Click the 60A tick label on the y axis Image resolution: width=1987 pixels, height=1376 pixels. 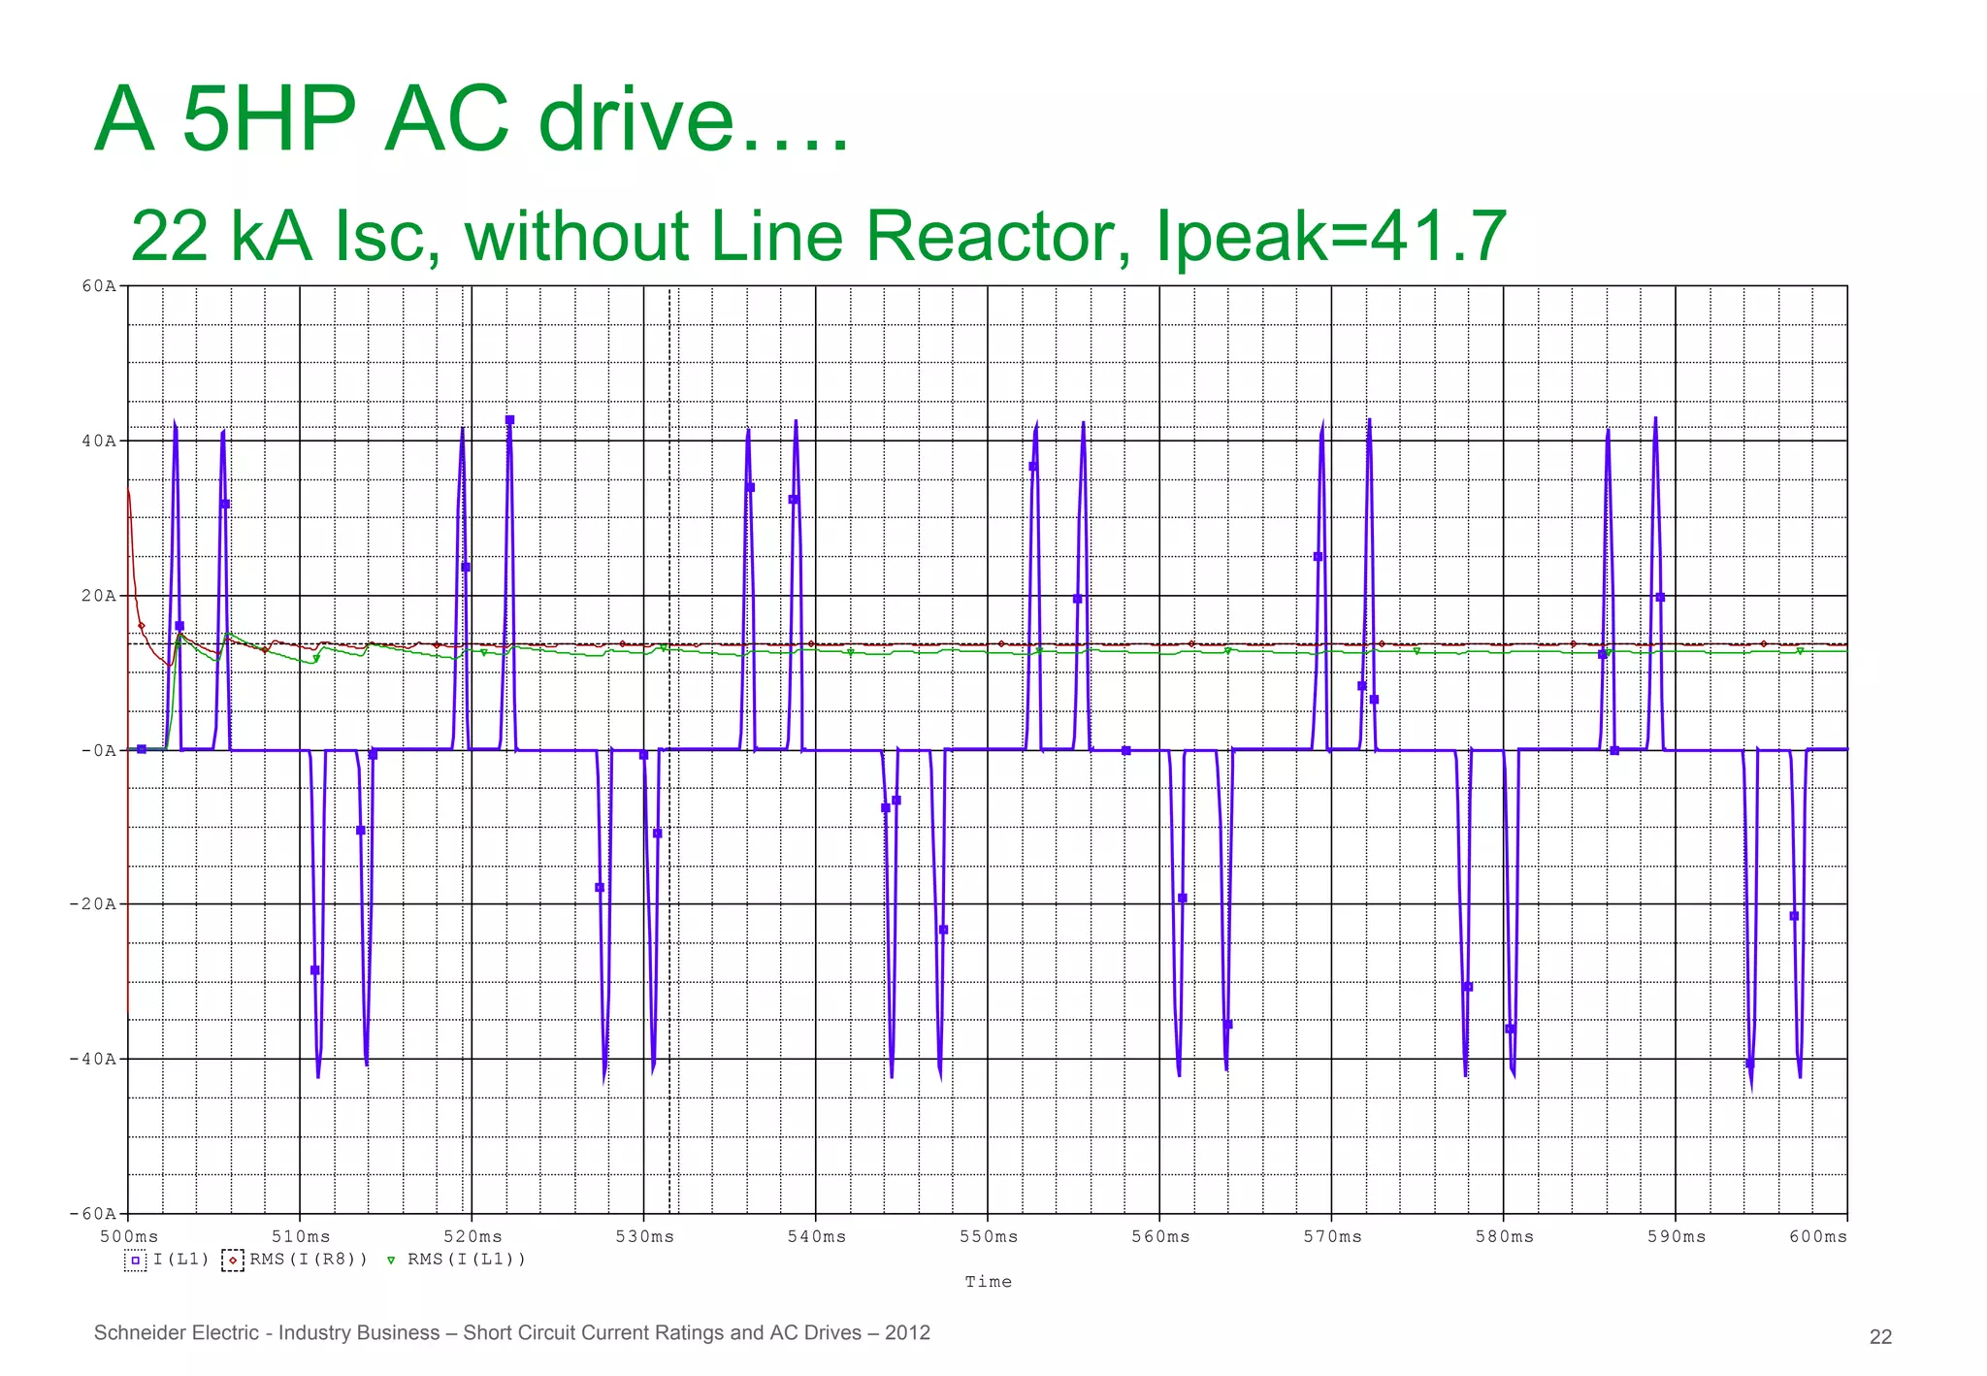(98, 286)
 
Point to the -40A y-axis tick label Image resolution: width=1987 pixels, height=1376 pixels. (92, 1059)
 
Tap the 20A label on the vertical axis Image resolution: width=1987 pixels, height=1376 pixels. (98, 596)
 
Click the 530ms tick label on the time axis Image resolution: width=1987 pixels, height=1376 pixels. (644, 1236)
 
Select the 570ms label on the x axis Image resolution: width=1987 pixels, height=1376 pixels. (1332, 1236)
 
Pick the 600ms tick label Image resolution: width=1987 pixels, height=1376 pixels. (1817, 1236)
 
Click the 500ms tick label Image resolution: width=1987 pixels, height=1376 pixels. (129, 1236)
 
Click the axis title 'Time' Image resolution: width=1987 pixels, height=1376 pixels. (988, 1282)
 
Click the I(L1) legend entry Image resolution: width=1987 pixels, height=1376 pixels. (180, 1260)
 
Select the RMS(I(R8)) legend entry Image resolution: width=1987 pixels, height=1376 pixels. (309, 1260)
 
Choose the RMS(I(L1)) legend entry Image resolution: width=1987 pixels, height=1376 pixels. (466, 1260)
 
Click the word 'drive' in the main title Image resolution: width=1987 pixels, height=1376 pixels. (635, 119)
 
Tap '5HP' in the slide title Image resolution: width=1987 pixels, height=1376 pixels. (269, 119)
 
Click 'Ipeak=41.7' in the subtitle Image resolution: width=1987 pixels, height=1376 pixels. (1330, 236)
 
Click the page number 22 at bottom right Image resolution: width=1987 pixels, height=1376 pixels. (1880, 1336)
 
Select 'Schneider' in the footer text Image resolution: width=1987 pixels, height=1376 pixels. (135, 1332)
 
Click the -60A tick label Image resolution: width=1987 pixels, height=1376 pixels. (92, 1214)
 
